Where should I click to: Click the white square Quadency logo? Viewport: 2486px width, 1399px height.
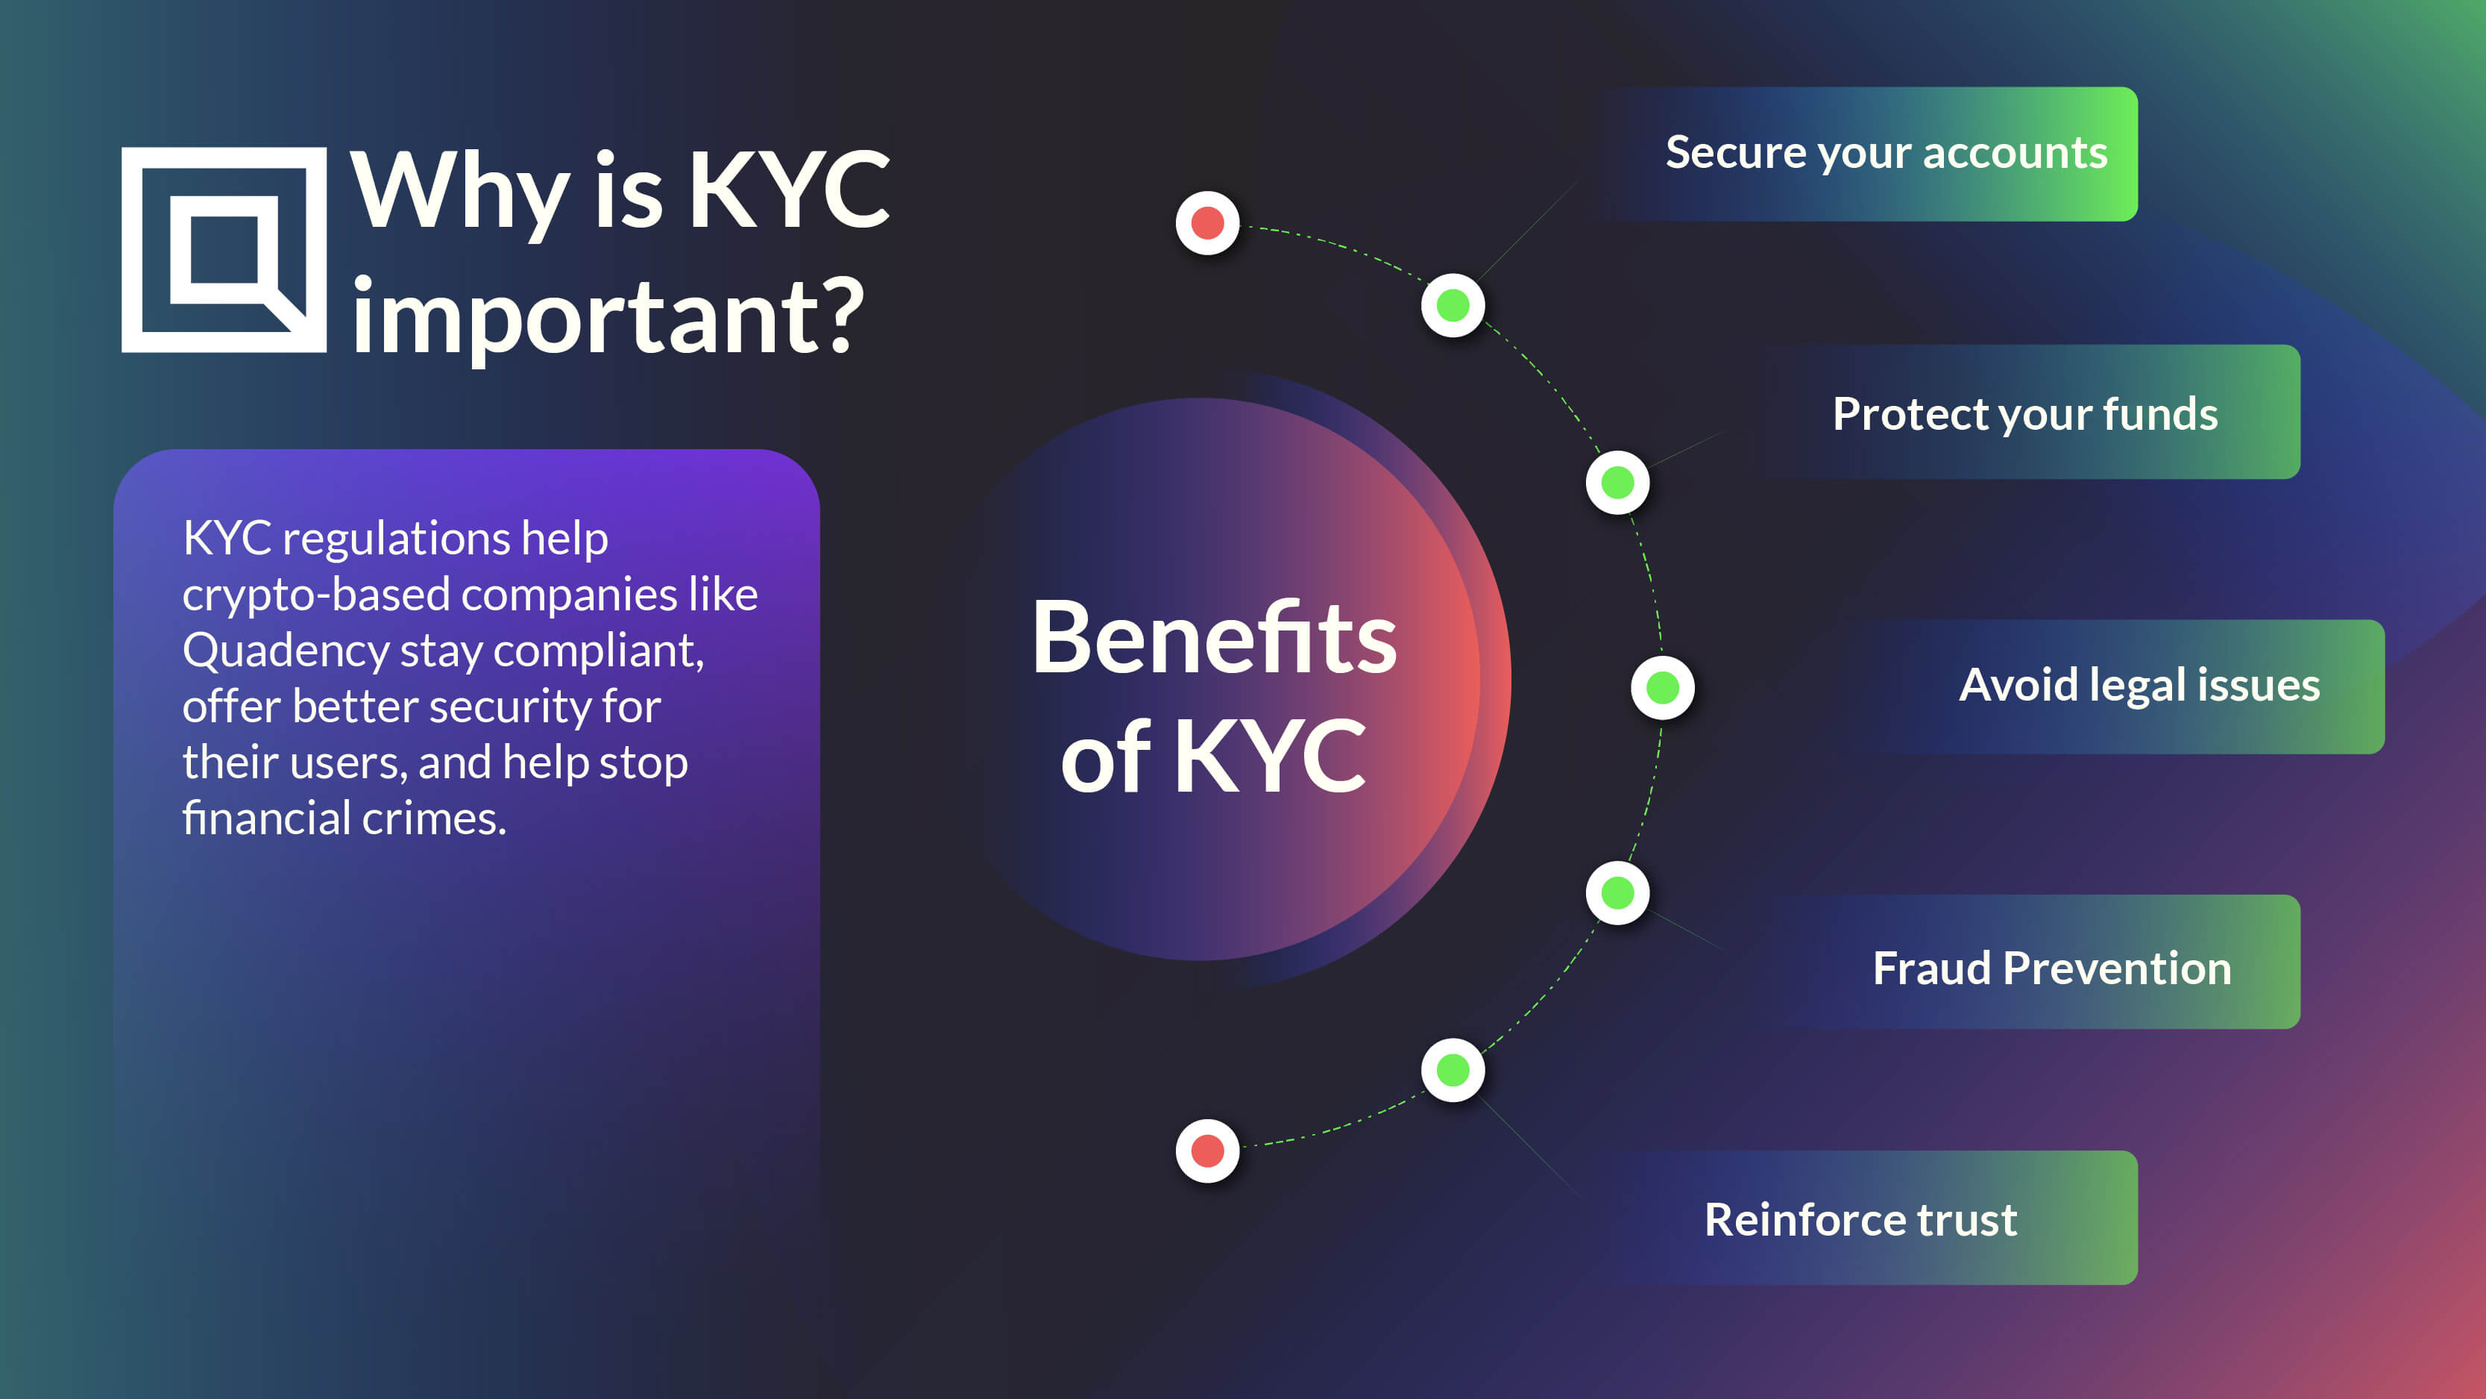click(x=224, y=250)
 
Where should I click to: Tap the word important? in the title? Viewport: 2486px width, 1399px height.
click(x=608, y=316)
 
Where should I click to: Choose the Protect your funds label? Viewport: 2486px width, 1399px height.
click(x=2024, y=414)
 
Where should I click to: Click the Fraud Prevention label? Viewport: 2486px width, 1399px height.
click(x=2052, y=968)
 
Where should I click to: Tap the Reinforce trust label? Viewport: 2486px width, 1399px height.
click(x=1860, y=1219)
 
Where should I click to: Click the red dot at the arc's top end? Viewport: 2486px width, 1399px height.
click(x=1207, y=223)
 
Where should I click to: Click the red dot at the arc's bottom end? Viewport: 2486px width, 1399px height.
click(x=1207, y=1151)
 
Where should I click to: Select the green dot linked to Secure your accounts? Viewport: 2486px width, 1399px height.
click(x=1453, y=306)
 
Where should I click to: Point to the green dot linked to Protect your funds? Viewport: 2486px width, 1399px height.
click(x=1617, y=483)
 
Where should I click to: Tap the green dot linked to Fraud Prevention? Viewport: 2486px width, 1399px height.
click(x=1617, y=893)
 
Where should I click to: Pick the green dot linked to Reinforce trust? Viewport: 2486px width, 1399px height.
click(x=1453, y=1070)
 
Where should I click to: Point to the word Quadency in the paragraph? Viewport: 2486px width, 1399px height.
click(x=286, y=651)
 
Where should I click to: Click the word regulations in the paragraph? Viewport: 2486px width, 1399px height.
click(x=394, y=539)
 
